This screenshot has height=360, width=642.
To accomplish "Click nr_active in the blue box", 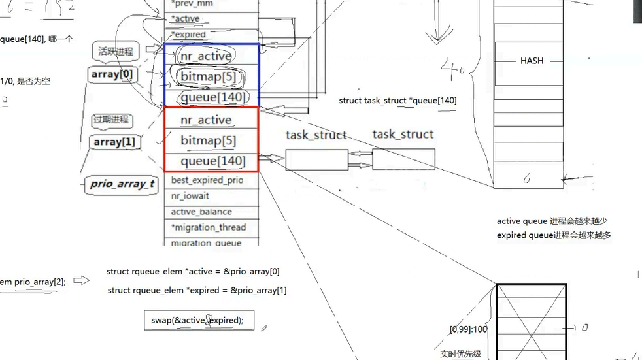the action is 206,56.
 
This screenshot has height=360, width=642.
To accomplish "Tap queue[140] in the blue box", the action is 213,98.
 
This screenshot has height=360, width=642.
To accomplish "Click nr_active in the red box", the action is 206,120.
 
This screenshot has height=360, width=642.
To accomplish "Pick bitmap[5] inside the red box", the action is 208,140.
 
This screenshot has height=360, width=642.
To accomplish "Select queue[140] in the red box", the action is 213,161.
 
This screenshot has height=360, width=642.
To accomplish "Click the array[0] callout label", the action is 112,74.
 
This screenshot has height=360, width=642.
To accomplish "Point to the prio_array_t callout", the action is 122,184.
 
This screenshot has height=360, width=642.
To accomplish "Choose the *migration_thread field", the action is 208,227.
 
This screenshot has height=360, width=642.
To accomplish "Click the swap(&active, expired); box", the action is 199,320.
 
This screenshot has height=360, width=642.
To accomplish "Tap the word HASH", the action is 531,61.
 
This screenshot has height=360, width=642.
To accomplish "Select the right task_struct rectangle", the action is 403,159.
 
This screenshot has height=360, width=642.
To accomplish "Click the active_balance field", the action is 201,212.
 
